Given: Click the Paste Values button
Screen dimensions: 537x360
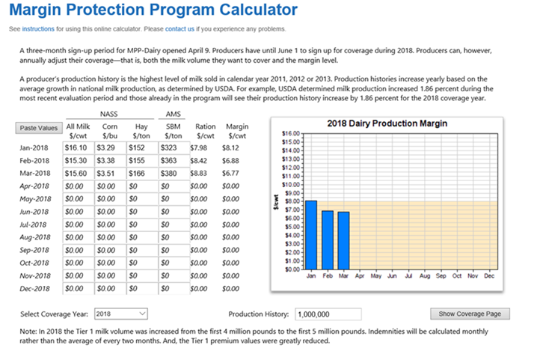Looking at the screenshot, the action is click(x=39, y=128).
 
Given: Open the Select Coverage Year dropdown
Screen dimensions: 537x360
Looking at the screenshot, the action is click(x=121, y=314).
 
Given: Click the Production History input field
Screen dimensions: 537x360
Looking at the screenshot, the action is click(x=328, y=314).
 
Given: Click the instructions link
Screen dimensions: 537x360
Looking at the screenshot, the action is click(x=38, y=28).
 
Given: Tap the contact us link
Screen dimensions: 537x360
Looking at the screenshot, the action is click(x=179, y=28).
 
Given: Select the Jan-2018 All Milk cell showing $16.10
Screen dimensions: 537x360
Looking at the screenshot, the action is click(x=78, y=147).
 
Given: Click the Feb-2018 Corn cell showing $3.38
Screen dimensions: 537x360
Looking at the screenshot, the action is click(x=110, y=160).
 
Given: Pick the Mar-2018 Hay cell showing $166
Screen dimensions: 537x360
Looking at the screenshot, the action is click(x=142, y=174).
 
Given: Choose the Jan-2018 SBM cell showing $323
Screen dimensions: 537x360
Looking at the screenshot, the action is click(x=174, y=147).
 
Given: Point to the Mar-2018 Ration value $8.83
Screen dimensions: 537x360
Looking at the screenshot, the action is click(x=199, y=174).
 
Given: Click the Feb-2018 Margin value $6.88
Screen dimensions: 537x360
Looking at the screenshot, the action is click(x=230, y=160).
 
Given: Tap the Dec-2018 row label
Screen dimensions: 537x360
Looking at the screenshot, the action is click(x=34, y=289).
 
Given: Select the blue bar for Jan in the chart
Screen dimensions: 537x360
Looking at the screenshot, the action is click(x=311, y=235).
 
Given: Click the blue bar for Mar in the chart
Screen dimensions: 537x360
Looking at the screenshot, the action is click(x=343, y=241).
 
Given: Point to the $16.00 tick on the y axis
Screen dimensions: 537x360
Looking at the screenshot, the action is click(x=291, y=133).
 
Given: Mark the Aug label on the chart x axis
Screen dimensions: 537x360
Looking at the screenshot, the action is click(x=425, y=276).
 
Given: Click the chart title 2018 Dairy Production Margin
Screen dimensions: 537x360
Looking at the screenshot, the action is click(x=387, y=123).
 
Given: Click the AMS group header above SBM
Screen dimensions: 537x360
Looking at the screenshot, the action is click(x=173, y=114).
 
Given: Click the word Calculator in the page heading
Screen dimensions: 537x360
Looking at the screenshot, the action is click(x=259, y=10).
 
